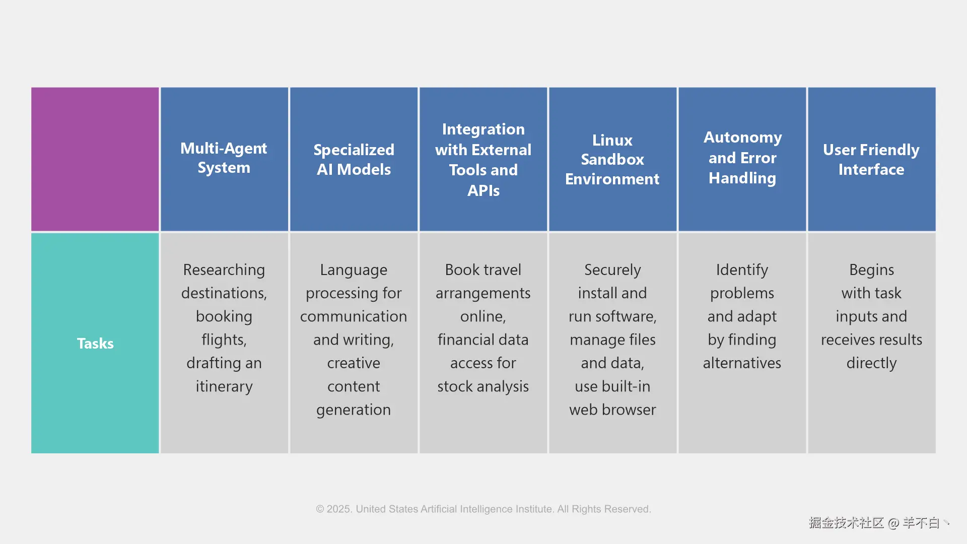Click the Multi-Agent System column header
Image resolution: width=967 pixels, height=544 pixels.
224,158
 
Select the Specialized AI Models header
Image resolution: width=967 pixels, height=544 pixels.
354,160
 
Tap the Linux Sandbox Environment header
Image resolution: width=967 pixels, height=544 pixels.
612,160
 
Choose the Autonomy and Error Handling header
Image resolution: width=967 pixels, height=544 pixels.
742,158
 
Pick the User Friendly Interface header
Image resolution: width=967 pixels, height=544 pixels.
871,160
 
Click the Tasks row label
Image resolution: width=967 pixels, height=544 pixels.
95,344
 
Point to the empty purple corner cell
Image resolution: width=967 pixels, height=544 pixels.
95,159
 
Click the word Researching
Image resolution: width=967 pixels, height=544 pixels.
224,270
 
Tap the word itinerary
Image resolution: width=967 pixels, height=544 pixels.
224,386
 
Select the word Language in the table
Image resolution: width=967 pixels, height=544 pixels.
354,270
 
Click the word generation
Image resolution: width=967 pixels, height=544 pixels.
354,410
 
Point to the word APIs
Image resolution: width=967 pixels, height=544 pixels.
483,191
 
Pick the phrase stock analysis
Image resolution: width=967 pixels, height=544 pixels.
483,386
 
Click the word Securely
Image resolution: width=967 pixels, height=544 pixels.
612,270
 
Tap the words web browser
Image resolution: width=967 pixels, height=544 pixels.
612,410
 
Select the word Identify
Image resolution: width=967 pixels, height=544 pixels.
742,270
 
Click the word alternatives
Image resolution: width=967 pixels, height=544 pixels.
742,363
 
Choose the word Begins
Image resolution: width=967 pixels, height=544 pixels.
871,270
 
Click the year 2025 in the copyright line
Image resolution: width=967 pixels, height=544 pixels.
339,509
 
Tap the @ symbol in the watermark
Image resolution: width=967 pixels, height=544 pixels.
893,523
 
